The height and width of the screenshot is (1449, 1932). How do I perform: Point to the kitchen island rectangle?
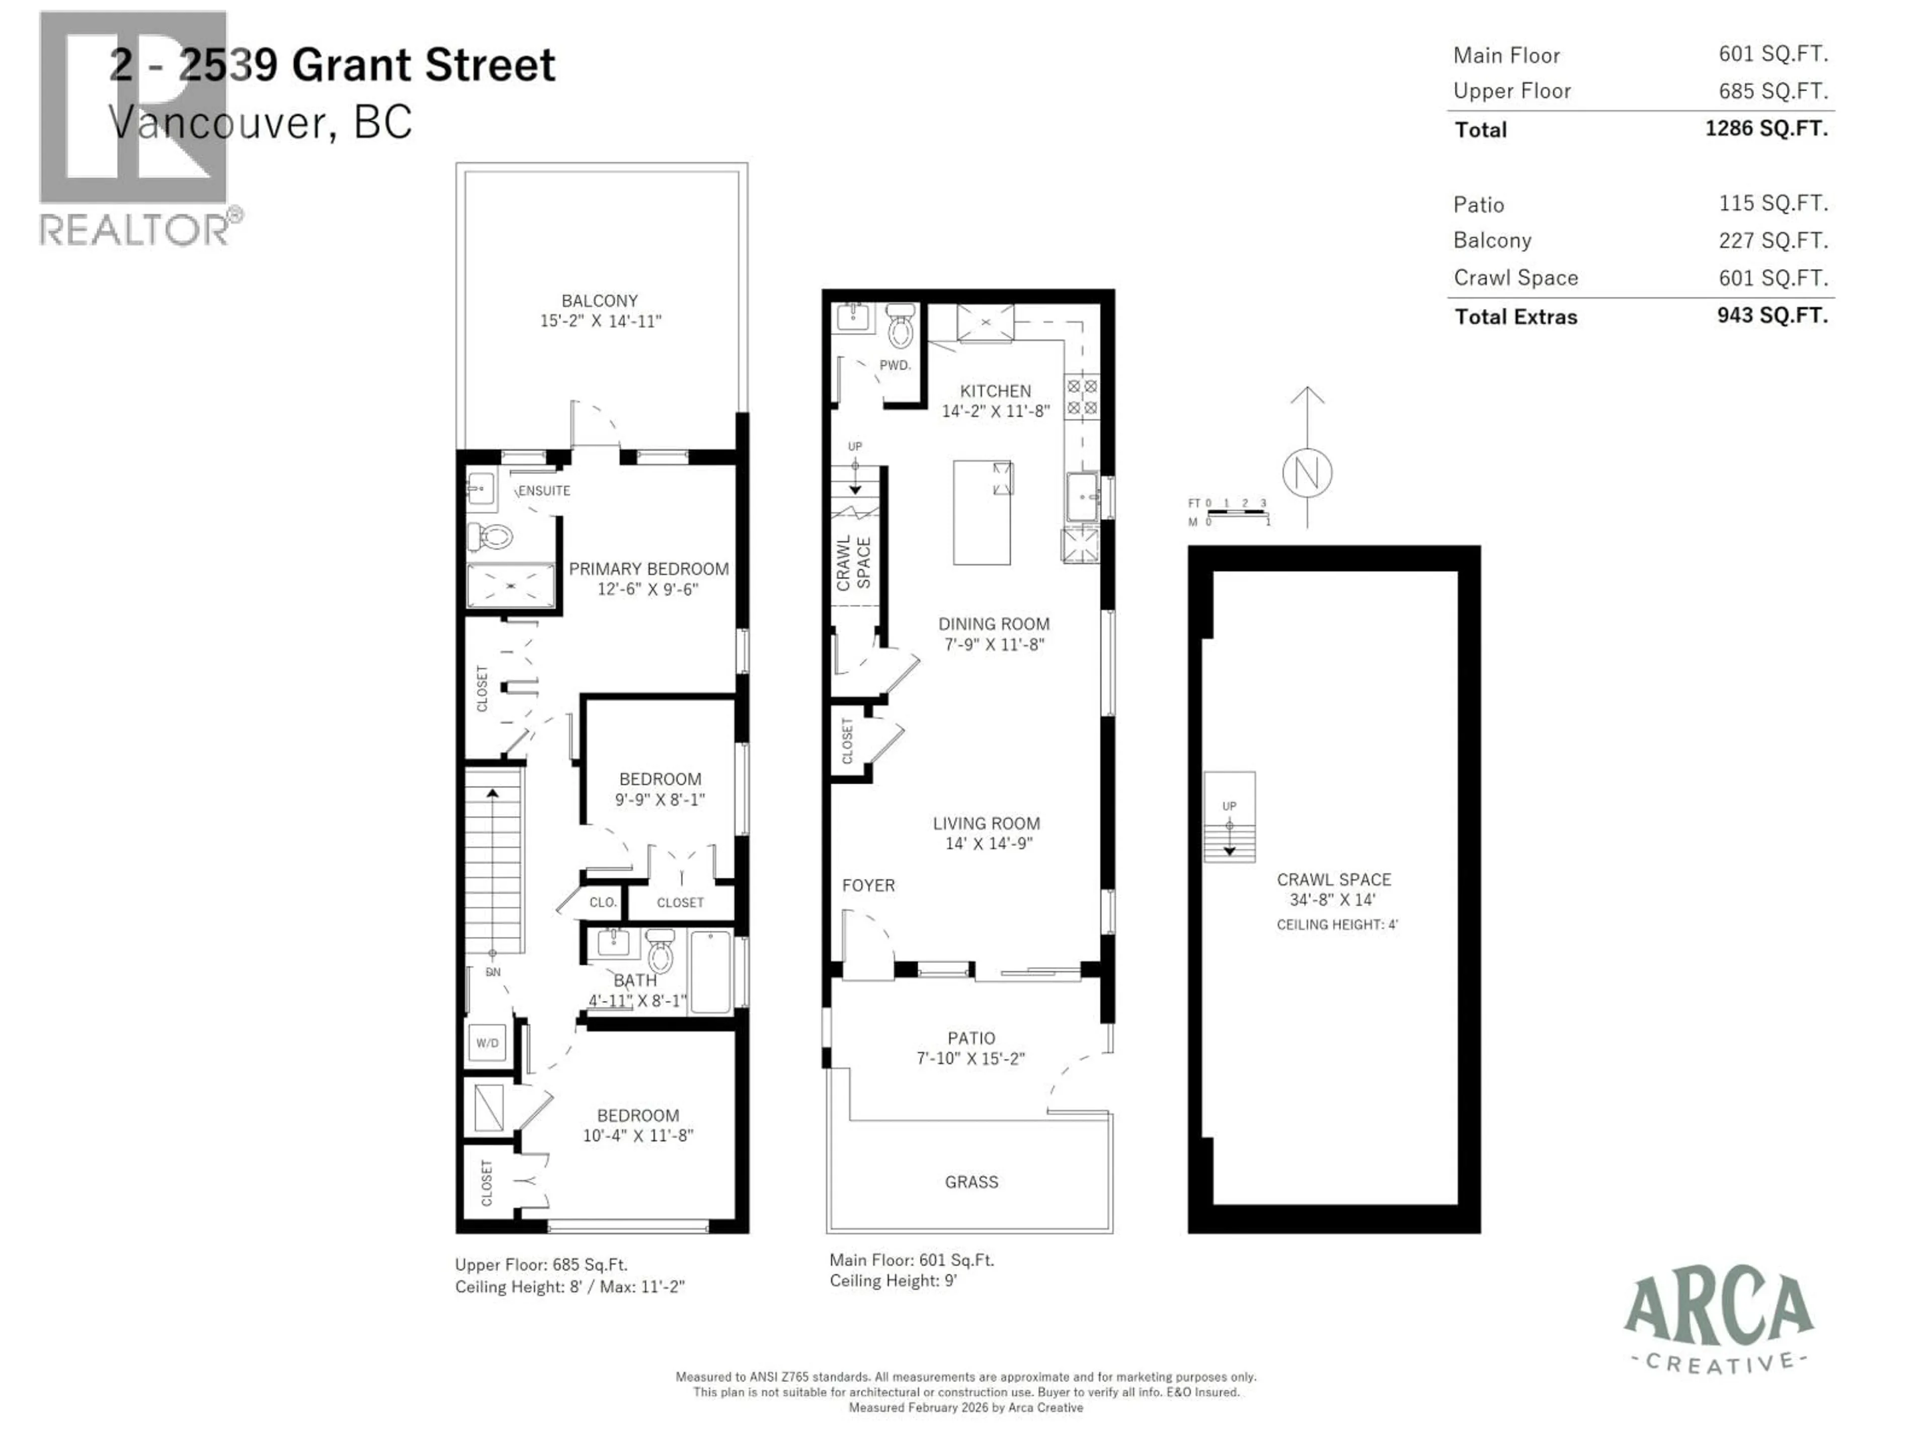pos(982,513)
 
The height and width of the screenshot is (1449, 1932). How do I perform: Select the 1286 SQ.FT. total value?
pos(1765,128)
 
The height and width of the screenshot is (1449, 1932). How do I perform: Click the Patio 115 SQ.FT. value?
pos(1773,203)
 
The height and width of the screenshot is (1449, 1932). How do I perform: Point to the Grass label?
pos(971,1182)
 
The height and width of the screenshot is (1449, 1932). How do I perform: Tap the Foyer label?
pos(868,885)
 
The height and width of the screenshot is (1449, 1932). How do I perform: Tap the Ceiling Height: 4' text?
pos(1336,924)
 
